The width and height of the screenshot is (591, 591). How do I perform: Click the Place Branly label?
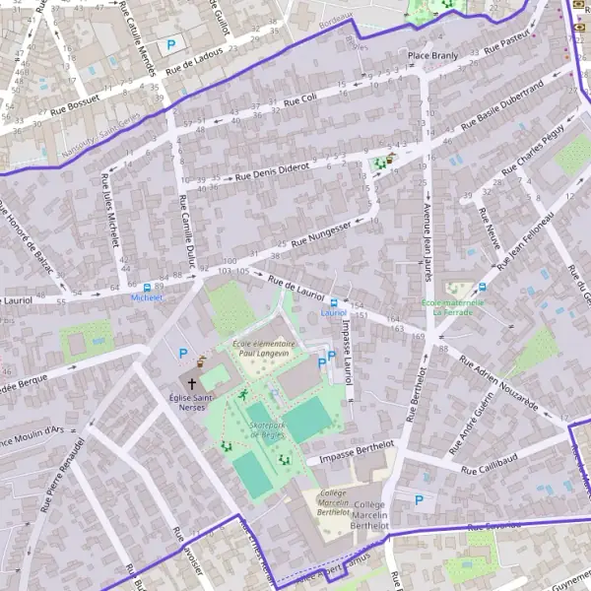tap(433, 56)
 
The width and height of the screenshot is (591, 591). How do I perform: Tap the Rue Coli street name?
tap(299, 99)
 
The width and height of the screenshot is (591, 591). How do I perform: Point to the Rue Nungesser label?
tap(322, 233)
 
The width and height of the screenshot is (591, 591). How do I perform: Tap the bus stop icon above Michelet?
tap(147, 285)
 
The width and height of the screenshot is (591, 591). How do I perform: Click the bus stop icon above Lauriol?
tap(334, 302)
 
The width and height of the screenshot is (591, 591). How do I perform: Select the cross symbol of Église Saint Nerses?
tap(191, 381)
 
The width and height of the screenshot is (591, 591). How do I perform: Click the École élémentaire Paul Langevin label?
tap(264, 348)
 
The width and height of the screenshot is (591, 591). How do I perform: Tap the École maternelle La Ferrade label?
tap(452, 307)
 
